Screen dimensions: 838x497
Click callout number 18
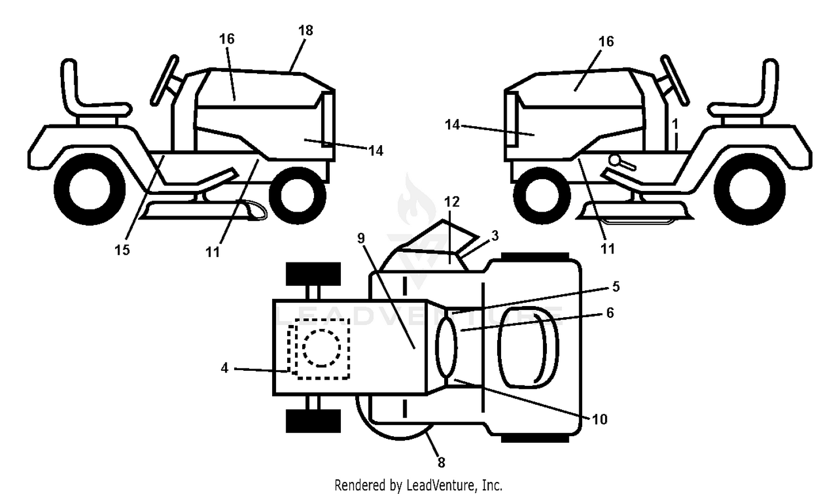click(306, 31)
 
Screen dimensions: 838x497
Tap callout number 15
click(122, 250)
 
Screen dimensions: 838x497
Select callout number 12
click(451, 202)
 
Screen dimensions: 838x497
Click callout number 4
click(225, 369)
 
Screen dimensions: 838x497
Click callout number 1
click(675, 124)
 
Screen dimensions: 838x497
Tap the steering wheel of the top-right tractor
click(674, 80)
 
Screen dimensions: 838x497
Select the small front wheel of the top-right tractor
click(542, 195)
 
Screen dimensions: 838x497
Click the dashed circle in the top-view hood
click(322, 348)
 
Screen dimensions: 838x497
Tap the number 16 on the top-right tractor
click(606, 41)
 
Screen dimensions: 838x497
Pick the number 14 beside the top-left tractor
click(375, 151)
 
